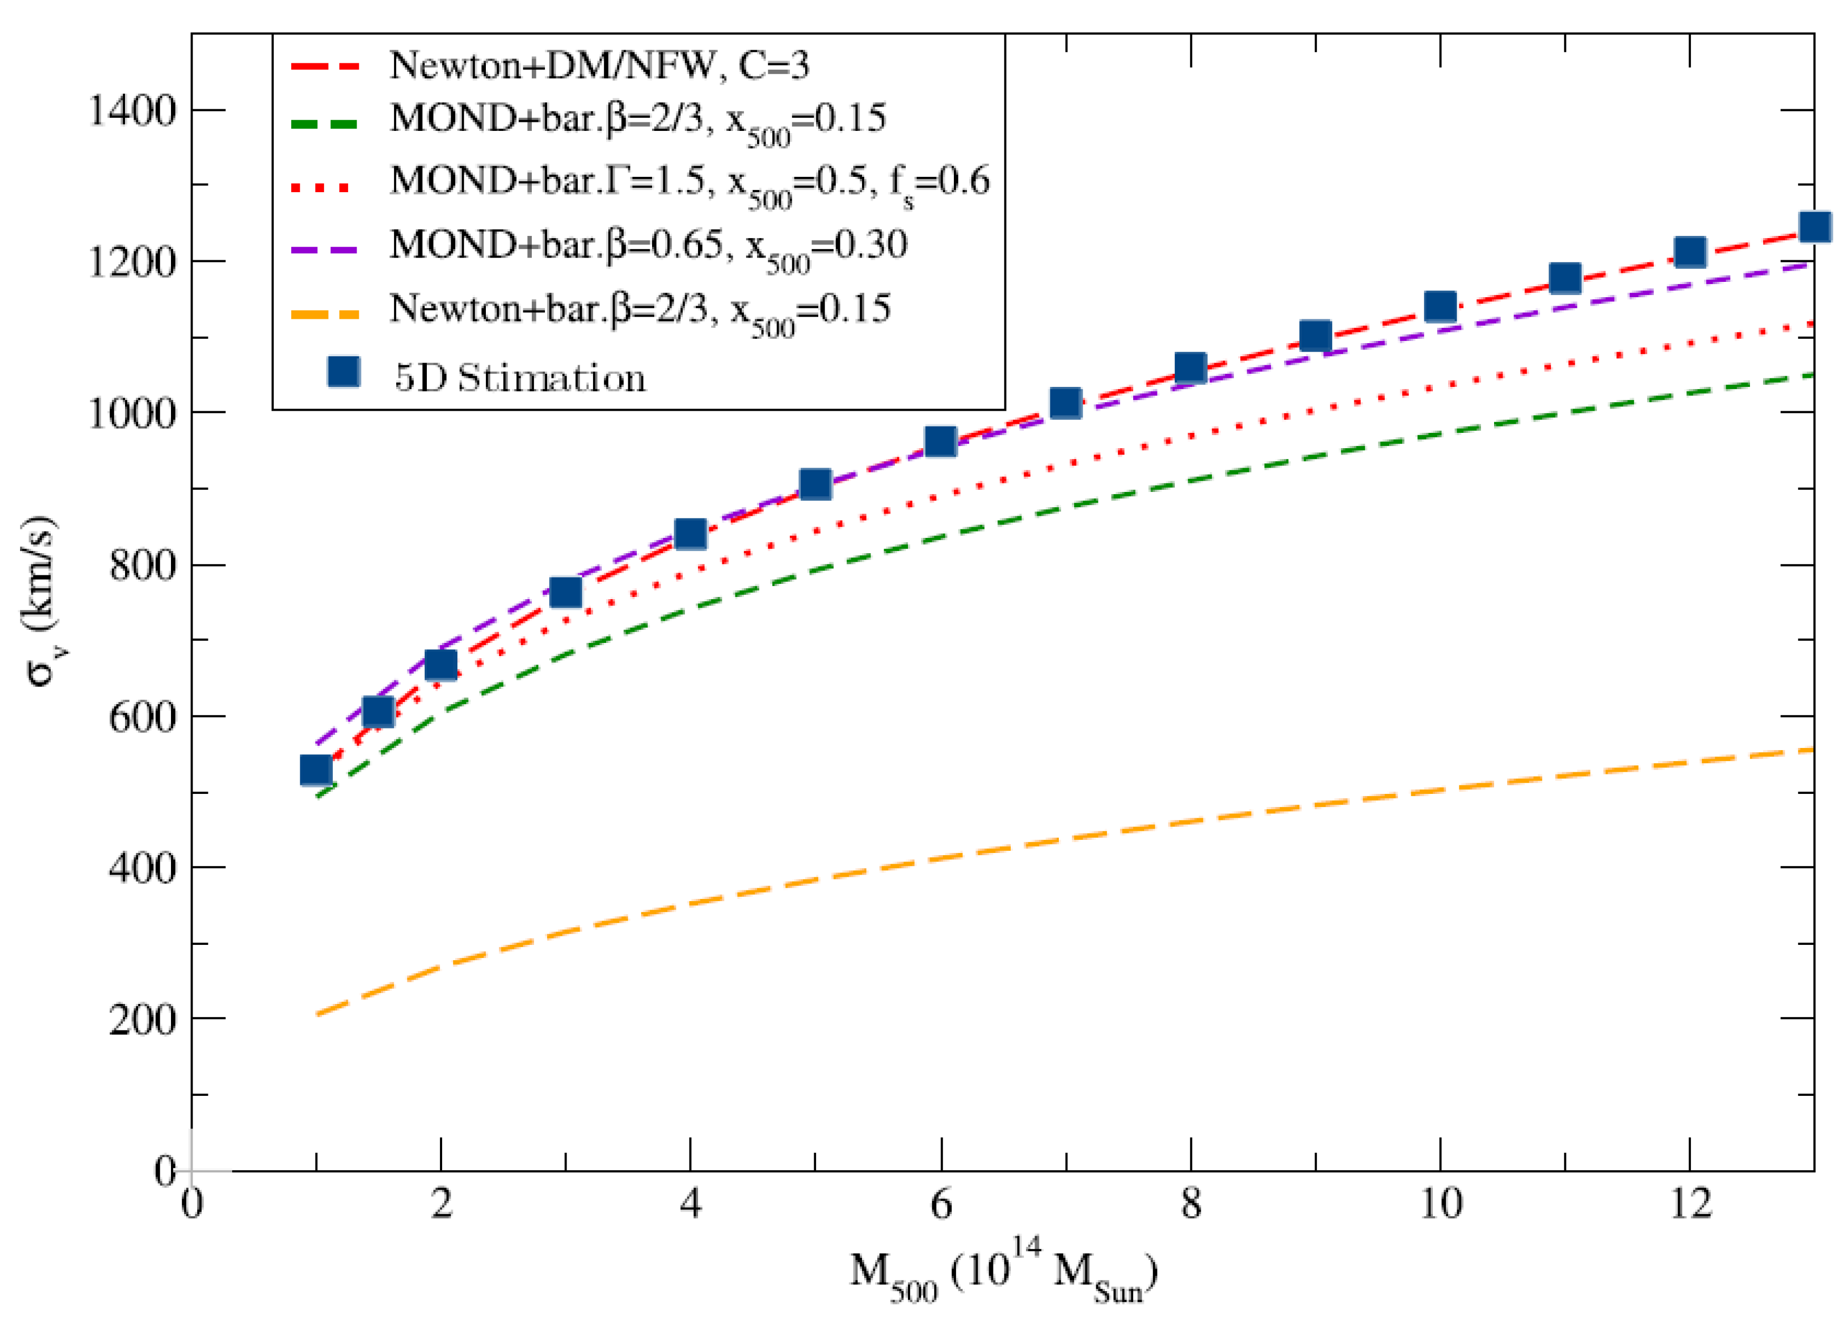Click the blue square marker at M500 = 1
pos(316,770)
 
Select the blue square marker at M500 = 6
pos(940,442)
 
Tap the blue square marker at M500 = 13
pos(1814,227)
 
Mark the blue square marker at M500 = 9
pos(1315,335)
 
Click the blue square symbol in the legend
pos(344,372)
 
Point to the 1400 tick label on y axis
pos(132,111)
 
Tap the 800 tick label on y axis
pos(142,565)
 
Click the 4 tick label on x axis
pos(690,1205)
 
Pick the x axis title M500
pos(1003,1273)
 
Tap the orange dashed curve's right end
pos(1811,750)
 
